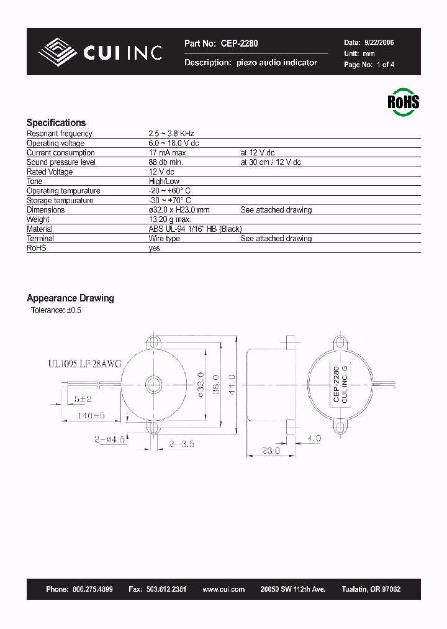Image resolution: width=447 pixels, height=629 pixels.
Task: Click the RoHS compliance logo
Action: tap(403, 101)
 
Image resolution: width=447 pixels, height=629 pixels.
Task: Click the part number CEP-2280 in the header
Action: tap(238, 44)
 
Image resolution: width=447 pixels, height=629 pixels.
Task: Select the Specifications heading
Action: tap(56, 122)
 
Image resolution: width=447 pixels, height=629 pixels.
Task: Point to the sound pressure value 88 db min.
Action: tap(166, 162)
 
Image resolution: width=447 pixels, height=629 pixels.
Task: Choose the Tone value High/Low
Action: tap(164, 181)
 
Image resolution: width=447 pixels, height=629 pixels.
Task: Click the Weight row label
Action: tap(38, 219)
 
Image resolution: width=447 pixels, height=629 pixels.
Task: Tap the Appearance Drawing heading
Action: tap(70, 298)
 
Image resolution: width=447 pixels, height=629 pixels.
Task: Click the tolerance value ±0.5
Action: tap(73, 310)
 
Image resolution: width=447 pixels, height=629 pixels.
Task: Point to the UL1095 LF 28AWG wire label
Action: tap(84, 365)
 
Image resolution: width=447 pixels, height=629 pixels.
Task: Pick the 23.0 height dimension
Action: tap(270, 451)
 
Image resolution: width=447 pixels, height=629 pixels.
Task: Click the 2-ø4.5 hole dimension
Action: tap(110, 438)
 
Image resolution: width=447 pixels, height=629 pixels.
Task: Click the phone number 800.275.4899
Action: tap(92, 589)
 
